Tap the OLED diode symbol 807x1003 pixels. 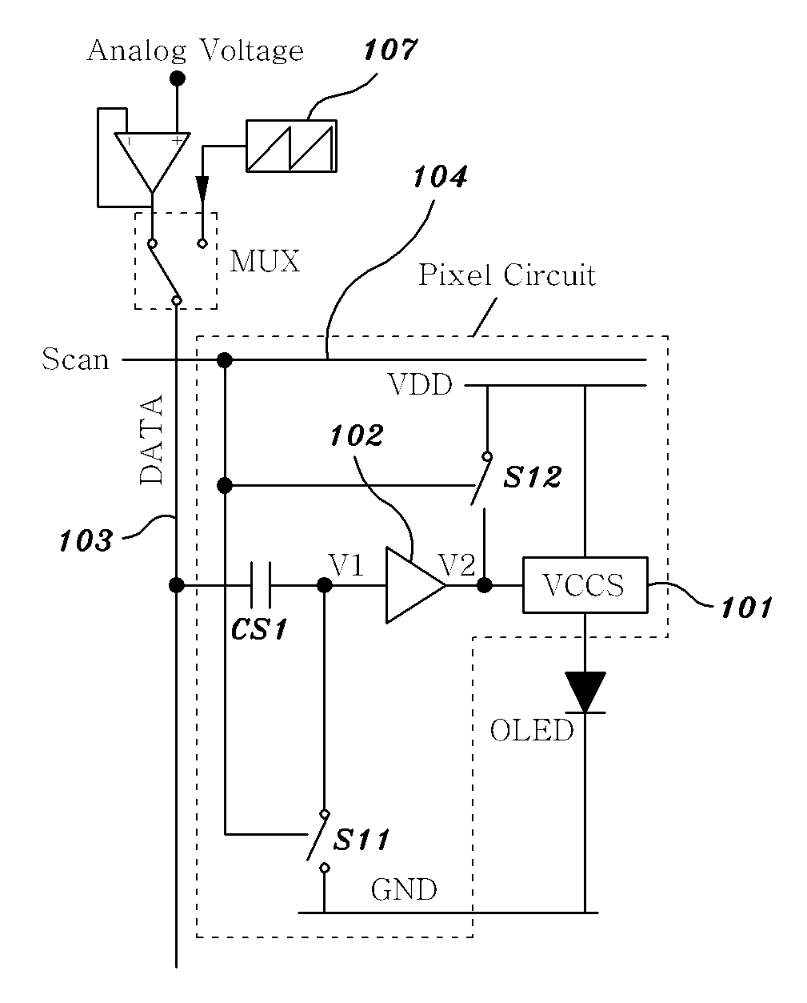(585, 692)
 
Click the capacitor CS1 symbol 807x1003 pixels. (260, 585)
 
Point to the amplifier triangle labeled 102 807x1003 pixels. (415, 585)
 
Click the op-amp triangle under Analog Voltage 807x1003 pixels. (152, 162)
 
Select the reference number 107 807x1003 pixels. (390, 50)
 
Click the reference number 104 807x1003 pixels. (440, 177)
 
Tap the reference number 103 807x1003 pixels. (86, 540)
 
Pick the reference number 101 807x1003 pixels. (746, 608)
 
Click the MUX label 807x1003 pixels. (265, 262)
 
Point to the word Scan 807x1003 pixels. (75, 359)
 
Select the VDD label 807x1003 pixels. (420, 385)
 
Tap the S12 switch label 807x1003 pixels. (532, 477)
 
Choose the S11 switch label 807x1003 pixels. (361, 840)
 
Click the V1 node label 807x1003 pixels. (346, 565)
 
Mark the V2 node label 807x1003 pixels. (457, 565)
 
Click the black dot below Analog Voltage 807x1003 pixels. (177, 78)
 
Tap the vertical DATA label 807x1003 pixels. (152, 439)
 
